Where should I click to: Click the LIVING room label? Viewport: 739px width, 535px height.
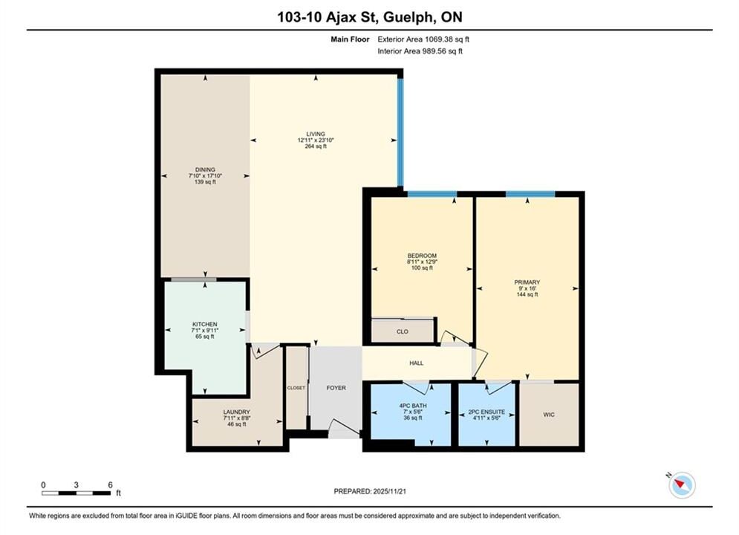(316, 134)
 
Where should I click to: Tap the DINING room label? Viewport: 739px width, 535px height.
(205, 169)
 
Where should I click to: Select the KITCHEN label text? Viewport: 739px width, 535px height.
(204, 324)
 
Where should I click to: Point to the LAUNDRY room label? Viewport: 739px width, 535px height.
(237, 412)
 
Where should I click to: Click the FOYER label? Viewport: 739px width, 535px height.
(336, 388)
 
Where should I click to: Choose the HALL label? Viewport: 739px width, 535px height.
(416, 363)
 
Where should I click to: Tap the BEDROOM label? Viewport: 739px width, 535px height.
(422, 256)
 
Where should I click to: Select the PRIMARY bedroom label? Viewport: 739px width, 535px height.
(527, 282)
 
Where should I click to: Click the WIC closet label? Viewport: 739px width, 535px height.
(549, 415)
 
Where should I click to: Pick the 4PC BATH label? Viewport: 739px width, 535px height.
(413, 406)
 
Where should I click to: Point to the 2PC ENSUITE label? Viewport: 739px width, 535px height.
(486, 412)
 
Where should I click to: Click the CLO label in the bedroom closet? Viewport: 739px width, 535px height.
(403, 331)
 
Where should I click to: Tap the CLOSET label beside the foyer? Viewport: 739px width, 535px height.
(296, 388)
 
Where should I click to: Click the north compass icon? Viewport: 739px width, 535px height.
(682, 484)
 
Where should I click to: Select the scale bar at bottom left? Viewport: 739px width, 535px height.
(76, 493)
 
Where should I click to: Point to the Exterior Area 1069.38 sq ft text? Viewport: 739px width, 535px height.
(423, 39)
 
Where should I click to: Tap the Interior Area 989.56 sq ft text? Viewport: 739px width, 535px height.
(420, 51)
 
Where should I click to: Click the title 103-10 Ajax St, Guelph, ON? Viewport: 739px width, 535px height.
(370, 17)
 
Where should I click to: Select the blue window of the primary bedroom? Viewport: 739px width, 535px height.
(530, 194)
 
